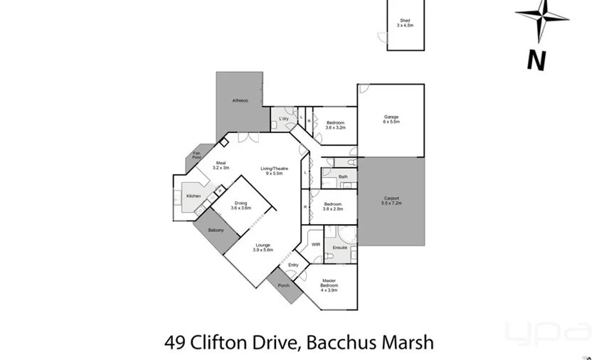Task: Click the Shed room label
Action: point(405,23)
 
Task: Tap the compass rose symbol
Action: point(542,17)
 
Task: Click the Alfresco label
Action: point(240,101)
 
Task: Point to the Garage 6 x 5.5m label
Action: point(391,119)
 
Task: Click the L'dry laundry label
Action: point(283,118)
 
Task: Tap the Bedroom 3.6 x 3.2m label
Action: point(336,125)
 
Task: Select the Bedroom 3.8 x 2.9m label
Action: point(333,207)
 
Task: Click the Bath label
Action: point(343,176)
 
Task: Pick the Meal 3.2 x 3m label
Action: point(221,164)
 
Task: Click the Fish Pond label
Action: point(196,154)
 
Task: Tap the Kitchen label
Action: point(193,196)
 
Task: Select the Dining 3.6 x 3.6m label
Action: point(241,206)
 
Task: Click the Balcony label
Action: point(216,231)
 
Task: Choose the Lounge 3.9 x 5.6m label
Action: point(263,248)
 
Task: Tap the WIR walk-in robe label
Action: point(316,244)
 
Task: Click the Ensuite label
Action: point(340,248)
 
